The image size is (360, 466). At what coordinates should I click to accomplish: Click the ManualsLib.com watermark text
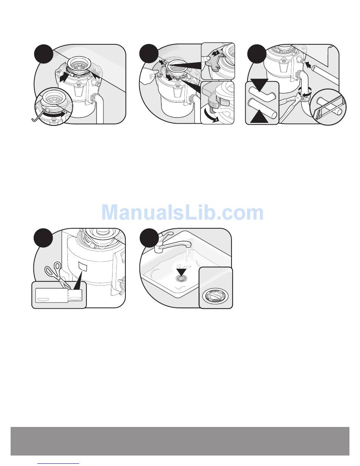(x=182, y=212)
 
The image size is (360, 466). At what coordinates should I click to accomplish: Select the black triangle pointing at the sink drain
(x=182, y=272)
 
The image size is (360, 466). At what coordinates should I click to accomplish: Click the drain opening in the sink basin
(x=182, y=279)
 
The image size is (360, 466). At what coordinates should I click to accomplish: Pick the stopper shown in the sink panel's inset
(x=215, y=297)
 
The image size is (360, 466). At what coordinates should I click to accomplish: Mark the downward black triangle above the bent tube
(x=259, y=85)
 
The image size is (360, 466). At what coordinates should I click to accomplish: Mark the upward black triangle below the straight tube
(x=259, y=116)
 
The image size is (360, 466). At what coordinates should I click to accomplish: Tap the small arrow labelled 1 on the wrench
(x=215, y=53)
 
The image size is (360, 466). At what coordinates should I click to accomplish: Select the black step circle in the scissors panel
(x=43, y=238)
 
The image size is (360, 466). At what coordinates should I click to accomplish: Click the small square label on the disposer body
(x=83, y=266)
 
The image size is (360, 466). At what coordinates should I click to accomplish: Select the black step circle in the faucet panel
(x=149, y=238)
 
